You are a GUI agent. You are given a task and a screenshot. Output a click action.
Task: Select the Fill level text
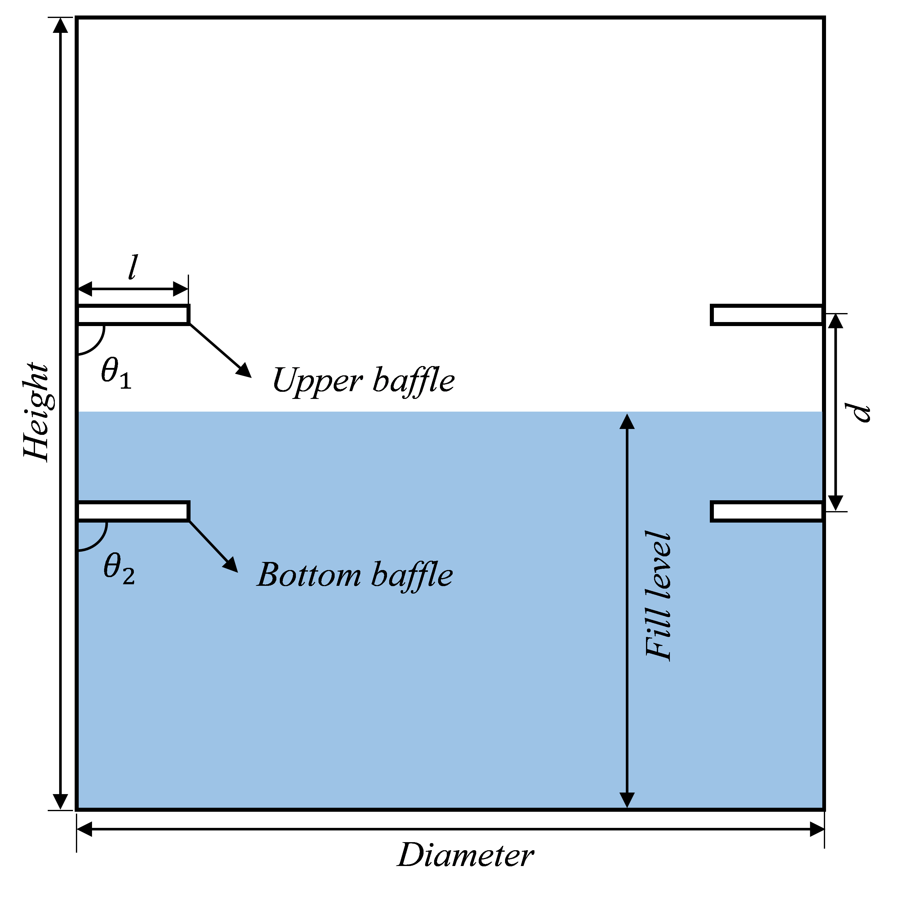[658, 597]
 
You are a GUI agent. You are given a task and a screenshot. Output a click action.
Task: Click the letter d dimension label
[858, 412]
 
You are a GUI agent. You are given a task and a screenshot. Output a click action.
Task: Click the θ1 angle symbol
[116, 373]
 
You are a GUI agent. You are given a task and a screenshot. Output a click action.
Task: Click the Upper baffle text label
[363, 381]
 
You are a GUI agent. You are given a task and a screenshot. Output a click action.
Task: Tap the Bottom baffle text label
[355, 575]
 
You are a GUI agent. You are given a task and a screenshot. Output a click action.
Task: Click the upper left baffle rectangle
[133, 314]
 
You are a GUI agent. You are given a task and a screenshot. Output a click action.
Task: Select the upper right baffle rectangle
[767, 314]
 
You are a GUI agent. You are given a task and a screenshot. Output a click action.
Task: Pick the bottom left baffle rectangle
[133, 511]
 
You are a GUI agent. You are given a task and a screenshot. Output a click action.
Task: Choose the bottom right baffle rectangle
[767, 511]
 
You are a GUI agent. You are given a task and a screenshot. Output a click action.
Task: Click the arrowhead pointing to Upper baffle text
[244, 371]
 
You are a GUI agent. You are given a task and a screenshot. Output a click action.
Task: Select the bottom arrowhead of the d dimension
[836, 503]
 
